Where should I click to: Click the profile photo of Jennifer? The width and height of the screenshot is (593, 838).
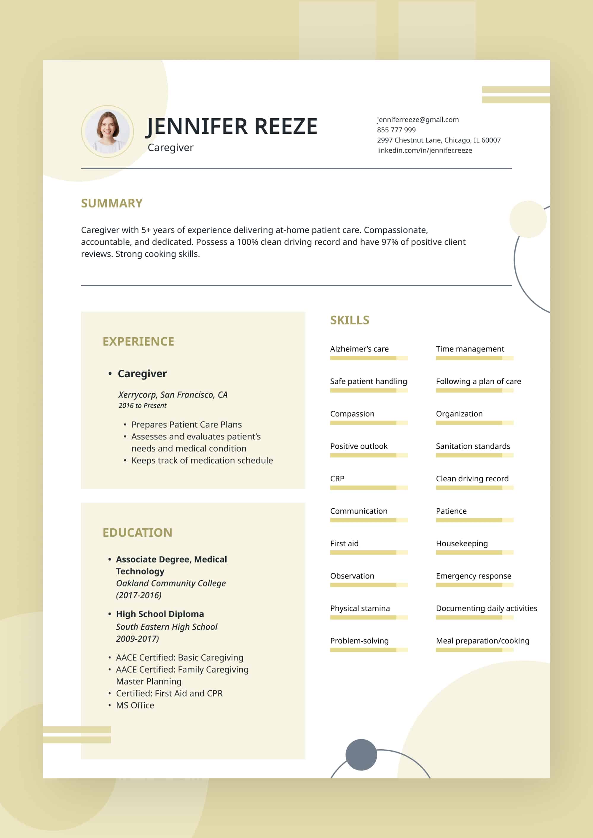tap(107, 131)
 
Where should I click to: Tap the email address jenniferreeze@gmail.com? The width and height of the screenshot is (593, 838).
tap(418, 120)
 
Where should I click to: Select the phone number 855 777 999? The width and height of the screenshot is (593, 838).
tap(396, 130)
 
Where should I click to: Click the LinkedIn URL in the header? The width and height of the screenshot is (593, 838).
tap(424, 150)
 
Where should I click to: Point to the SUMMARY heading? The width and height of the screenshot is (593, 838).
tap(112, 203)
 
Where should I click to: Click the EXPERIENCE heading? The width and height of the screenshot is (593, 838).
tap(138, 341)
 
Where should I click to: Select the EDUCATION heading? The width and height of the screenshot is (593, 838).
tap(137, 532)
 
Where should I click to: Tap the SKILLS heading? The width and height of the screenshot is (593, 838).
tap(350, 320)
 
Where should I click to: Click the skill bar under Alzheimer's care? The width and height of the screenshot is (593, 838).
tap(369, 358)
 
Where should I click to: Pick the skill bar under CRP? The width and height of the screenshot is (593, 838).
tap(369, 488)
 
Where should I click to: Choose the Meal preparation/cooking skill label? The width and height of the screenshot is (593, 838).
tap(482, 641)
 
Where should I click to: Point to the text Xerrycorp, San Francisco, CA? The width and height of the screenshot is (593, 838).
tap(173, 395)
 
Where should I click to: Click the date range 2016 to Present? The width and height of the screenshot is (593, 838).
tap(142, 406)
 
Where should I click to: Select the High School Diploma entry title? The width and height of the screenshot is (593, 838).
tap(160, 614)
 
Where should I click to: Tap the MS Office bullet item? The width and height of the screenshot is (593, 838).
tap(135, 705)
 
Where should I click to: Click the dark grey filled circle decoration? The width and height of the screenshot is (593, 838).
tap(361, 755)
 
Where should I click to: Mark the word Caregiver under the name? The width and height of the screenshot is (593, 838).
tap(170, 147)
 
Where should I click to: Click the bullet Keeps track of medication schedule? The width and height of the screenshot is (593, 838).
tap(202, 461)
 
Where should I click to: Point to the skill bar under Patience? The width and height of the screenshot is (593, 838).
tap(475, 520)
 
